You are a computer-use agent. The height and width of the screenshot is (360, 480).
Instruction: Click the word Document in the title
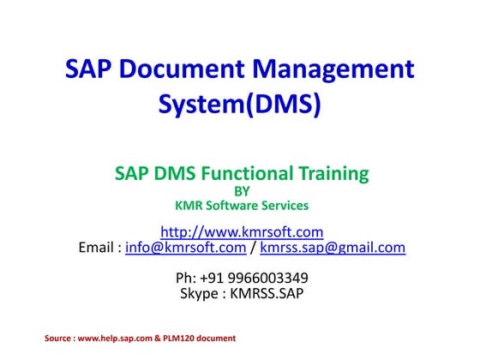[184, 69]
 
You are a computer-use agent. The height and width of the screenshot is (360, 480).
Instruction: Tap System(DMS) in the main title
[240, 105]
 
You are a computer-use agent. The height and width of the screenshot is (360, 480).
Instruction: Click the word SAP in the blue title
[89, 69]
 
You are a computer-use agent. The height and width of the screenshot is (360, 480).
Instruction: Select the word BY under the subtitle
[241, 192]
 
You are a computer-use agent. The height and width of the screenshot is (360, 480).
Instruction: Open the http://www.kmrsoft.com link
[242, 231]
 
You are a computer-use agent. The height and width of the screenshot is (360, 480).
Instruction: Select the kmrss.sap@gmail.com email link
[333, 249]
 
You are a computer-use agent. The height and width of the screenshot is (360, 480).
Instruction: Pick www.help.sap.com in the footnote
[115, 339]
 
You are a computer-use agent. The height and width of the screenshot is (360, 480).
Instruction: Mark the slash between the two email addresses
[254, 249]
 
